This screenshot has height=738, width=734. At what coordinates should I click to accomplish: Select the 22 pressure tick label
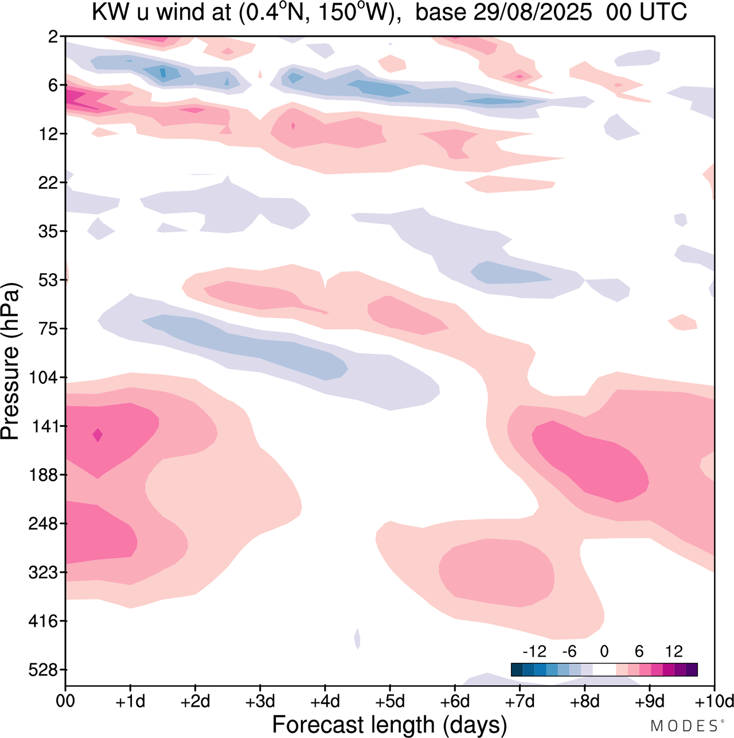click(x=50, y=183)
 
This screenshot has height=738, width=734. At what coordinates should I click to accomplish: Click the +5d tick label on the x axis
click(x=390, y=701)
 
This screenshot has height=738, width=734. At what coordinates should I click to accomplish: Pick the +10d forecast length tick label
click(x=713, y=701)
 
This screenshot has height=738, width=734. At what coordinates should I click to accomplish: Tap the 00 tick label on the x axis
click(x=65, y=701)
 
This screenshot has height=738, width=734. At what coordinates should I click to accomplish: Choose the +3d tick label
click(x=260, y=701)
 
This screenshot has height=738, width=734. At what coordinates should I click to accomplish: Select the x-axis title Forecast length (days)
click(x=389, y=724)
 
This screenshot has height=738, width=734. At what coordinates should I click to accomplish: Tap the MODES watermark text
click(x=684, y=726)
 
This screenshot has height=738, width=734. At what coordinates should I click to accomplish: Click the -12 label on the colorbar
click(x=534, y=651)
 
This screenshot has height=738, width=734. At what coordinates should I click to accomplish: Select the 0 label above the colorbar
click(x=604, y=651)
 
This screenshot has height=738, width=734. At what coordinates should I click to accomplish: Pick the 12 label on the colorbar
click(x=674, y=651)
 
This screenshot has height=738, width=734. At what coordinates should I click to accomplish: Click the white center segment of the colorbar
click(x=604, y=670)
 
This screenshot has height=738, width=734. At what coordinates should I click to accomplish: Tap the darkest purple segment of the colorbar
click(x=692, y=670)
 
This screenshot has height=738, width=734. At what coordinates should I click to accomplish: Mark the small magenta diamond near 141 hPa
click(x=97, y=435)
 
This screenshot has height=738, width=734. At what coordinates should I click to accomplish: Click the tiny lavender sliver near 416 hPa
click(x=357, y=638)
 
